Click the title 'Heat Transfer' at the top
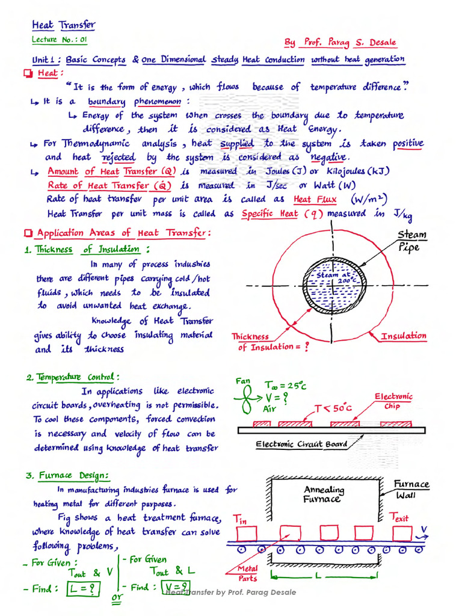(x=63, y=25)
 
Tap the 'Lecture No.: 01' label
(x=60, y=40)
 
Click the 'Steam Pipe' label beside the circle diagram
(x=412, y=241)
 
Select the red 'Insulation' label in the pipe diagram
(x=403, y=336)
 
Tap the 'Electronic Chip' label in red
(x=394, y=401)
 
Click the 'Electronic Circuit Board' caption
(x=301, y=445)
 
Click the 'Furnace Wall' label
(x=411, y=489)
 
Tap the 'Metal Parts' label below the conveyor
(x=247, y=573)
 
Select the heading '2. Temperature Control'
(x=73, y=377)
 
